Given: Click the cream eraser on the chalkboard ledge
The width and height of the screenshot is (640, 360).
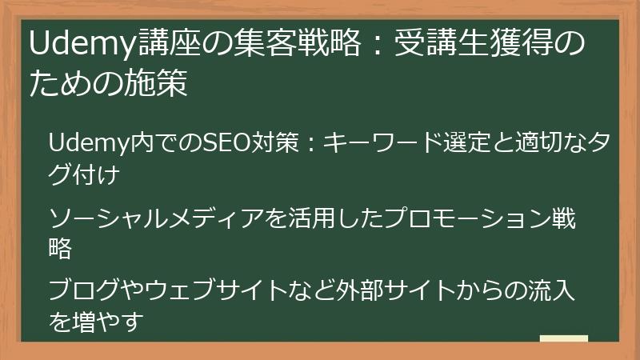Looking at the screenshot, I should pos(563,338).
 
